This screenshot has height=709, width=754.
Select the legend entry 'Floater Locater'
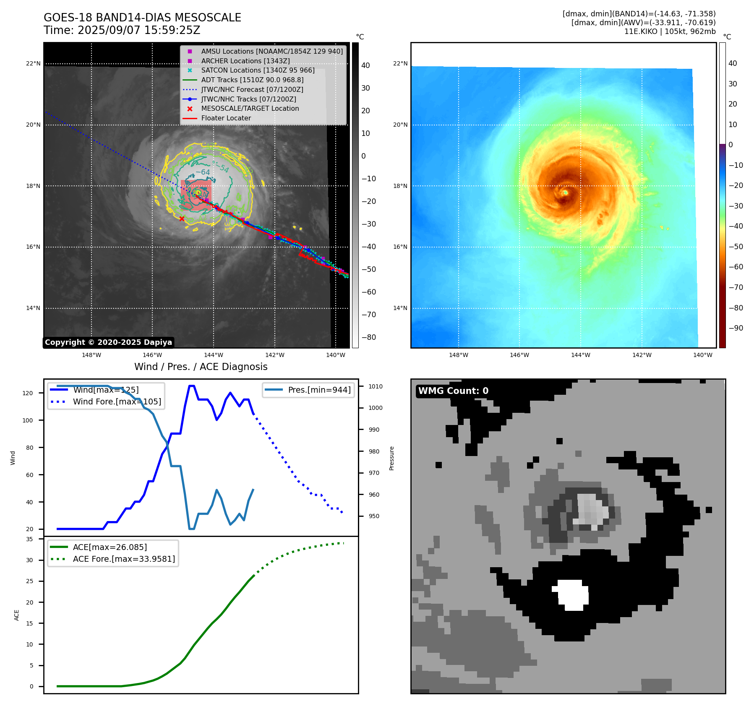pyautogui.click(x=226, y=118)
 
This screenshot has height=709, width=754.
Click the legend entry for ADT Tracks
pyautogui.click(x=252, y=80)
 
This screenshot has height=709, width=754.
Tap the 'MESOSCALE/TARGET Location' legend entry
pyautogui.click(x=250, y=109)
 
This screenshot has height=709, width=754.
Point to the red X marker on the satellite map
pyautogui.click(x=182, y=219)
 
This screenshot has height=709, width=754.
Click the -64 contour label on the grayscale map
pyautogui.click(x=203, y=172)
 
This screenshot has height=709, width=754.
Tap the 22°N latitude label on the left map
pyautogui.click(x=33, y=64)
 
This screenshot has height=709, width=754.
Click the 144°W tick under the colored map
pyautogui.click(x=580, y=355)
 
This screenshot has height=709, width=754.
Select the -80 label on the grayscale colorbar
pyautogui.click(x=369, y=337)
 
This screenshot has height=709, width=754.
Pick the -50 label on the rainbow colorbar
pyautogui.click(x=736, y=247)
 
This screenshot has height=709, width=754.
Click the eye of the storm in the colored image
pyautogui.click(x=565, y=193)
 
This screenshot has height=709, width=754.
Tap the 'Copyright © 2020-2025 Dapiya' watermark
pyautogui.click(x=108, y=342)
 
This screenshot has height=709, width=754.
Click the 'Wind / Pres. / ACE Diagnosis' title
pyautogui.click(x=201, y=367)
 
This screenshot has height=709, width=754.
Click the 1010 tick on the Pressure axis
pyautogui.click(x=376, y=386)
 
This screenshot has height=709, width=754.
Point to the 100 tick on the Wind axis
pyautogui.click(x=28, y=420)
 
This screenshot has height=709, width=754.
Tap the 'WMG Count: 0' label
pyautogui.click(x=453, y=391)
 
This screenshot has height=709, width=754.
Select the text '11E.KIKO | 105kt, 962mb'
pyautogui.click(x=670, y=31)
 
